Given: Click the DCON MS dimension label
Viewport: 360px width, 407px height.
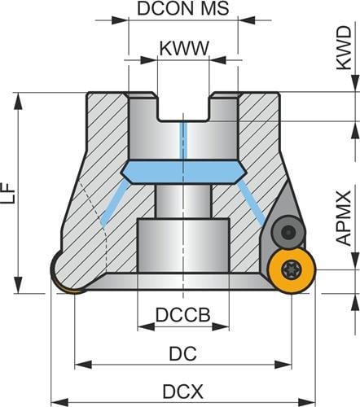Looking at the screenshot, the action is click(x=183, y=9).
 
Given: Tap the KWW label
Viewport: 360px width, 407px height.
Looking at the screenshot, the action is click(x=184, y=49).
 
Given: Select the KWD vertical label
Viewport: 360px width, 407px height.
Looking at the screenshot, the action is click(x=344, y=48).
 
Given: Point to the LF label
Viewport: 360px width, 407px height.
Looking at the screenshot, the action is click(x=11, y=193).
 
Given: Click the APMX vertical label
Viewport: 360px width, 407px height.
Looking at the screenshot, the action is click(x=344, y=218).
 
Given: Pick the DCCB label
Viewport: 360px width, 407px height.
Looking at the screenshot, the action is click(x=183, y=315).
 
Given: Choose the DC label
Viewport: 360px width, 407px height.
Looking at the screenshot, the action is click(x=182, y=353).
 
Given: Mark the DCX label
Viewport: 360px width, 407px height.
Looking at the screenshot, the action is click(x=182, y=392).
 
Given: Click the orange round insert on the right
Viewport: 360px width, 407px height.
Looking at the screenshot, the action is click(x=292, y=270).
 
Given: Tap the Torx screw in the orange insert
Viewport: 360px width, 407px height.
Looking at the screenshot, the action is click(x=288, y=269).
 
